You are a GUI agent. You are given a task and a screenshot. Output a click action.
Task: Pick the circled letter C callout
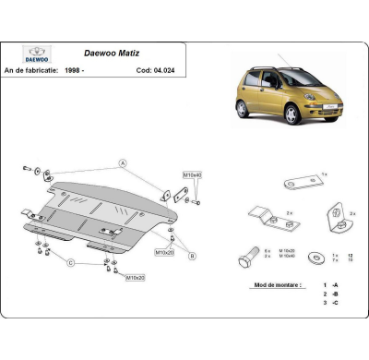point(68,262)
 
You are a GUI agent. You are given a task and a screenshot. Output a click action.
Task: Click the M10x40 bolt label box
point(191,174)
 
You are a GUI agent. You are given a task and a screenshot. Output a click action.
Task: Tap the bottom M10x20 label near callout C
point(135,277)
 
